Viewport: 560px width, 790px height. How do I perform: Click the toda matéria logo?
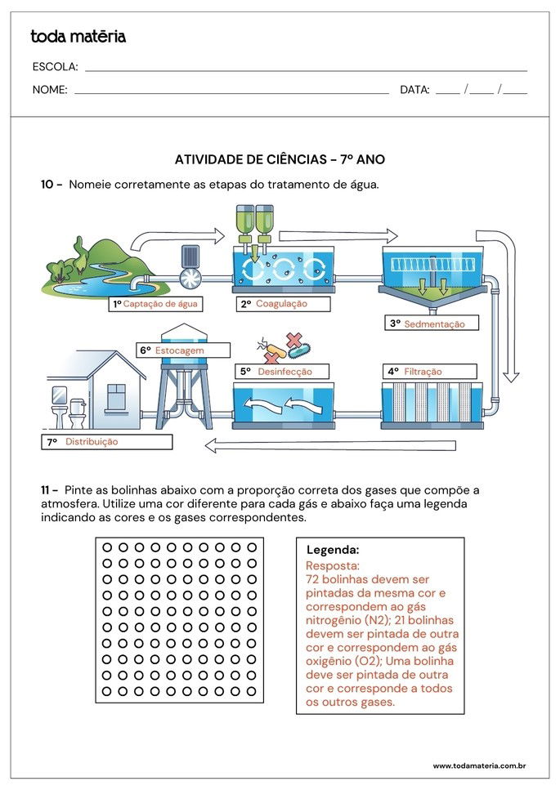point(78,36)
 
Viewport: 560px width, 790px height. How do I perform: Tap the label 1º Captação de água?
point(155,304)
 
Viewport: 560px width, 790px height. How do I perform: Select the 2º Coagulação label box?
point(283,304)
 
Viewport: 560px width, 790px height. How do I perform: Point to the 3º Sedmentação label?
point(432,324)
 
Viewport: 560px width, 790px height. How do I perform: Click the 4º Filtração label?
point(432,371)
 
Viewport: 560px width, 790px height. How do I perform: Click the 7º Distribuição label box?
point(107,442)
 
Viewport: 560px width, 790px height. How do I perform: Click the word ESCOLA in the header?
point(56,67)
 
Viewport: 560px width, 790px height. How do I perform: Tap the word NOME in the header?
point(50,90)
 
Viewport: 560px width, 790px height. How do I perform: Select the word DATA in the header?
point(414,90)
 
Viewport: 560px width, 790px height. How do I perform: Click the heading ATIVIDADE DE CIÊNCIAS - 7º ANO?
point(280,160)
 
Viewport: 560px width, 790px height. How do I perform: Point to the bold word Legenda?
point(333,551)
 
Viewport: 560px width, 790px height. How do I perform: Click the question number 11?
point(50,490)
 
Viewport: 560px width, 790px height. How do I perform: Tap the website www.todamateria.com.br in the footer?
point(478,765)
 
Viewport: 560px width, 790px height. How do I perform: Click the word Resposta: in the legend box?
point(333,565)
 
